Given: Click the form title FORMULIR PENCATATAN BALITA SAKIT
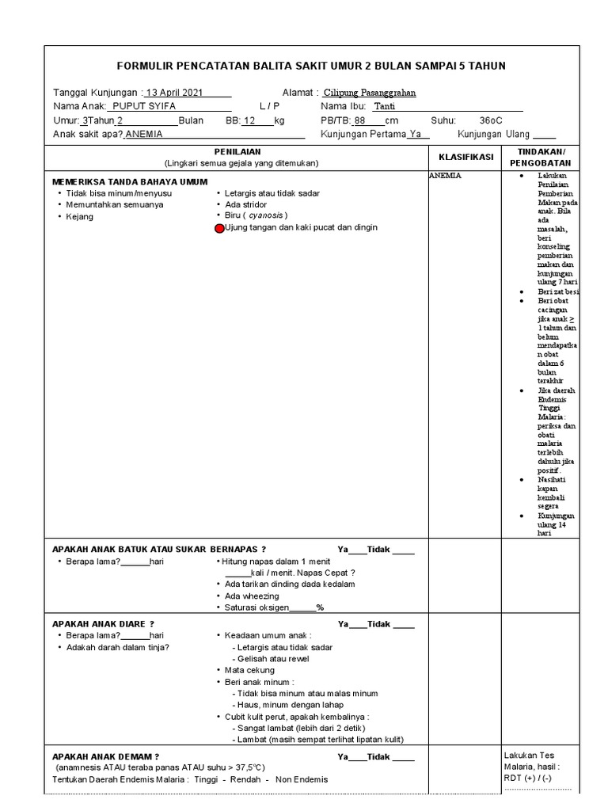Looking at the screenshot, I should click(310, 66).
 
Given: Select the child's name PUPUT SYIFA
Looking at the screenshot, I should click(144, 106).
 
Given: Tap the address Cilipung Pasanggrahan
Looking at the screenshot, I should click(370, 93).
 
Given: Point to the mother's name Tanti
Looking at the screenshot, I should click(384, 106).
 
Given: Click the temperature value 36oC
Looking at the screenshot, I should click(491, 120).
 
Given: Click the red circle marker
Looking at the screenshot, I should click(219, 228).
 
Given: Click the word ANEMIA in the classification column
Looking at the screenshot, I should click(446, 176).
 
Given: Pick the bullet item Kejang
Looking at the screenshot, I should click(80, 216).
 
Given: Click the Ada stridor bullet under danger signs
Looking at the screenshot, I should click(245, 204).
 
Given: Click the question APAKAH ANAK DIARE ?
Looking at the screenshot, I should click(102, 624).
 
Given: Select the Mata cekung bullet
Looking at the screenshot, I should click(249, 670).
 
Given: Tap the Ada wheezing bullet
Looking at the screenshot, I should click(252, 596).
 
